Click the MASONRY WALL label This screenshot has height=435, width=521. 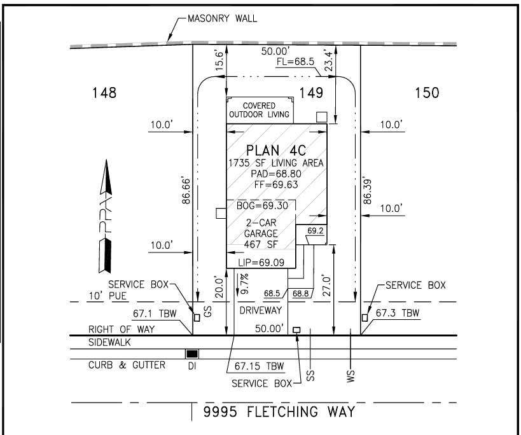tap(222, 18)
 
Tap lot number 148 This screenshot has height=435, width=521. tap(104, 93)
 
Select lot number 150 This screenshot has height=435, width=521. tap(427, 93)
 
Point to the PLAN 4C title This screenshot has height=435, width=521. tap(276, 151)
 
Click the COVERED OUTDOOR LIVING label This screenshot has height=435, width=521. tap(259, 110)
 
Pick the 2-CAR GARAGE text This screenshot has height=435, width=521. tap(261, 228)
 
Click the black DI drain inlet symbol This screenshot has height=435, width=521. tap(192, 354)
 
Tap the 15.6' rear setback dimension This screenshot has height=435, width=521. tap(219, 61)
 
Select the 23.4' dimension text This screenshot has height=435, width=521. tap(328, 61)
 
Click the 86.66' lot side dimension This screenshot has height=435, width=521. tap(186, 191)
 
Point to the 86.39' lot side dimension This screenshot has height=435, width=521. tap(367, 191)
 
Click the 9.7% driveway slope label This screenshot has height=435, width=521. tap(244, 284)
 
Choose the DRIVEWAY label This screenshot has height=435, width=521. tap(261, 310)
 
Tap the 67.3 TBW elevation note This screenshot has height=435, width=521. tap(398, 313)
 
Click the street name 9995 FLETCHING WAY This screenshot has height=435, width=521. tap(279, 411)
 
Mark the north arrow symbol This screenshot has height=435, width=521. tap(106, 216)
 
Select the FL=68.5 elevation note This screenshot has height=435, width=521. tap(295, 62)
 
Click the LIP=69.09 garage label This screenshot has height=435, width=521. tap(261, 263)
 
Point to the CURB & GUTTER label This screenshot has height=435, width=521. tap(127, 365)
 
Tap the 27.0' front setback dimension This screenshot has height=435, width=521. tap(327, 286)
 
